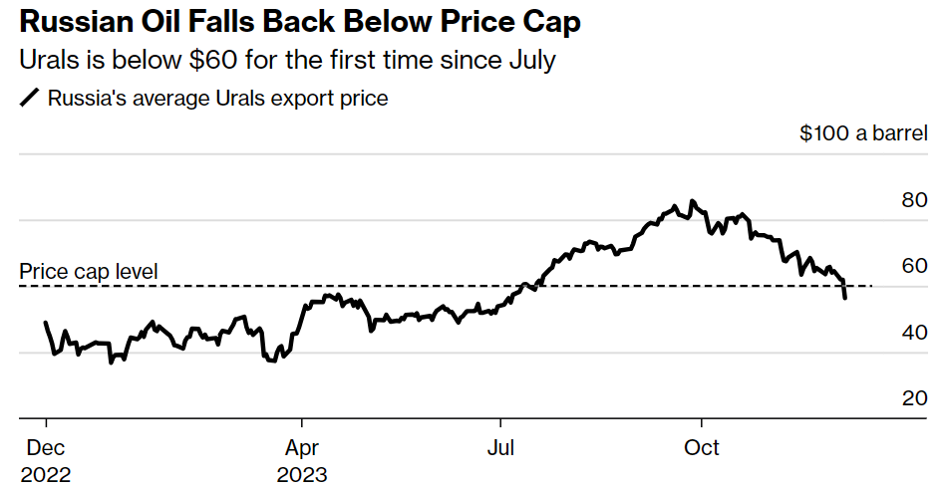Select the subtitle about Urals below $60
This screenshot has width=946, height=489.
(x=287, y=61)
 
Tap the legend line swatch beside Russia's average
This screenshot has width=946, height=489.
(x=30, y=98)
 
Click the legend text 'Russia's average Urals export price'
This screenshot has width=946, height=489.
(x=217, y=98)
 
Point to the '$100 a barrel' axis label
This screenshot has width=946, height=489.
(x=863, y=133)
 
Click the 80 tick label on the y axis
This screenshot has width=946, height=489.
(x=914, y=200)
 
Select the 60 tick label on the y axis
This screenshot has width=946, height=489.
(x=914, y=266)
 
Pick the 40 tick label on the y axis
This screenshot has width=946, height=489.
(x=914, y=333)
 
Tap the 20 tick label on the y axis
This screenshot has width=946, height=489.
(x=914, y=398)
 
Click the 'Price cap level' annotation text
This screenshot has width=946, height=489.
(x=89, y=271)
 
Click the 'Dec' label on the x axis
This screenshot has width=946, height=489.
(x=45, y=448)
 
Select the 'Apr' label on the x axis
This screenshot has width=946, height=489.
(x=302, y=448)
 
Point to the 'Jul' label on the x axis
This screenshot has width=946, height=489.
(x=500, y=448)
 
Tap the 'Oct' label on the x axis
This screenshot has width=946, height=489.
(x=702, y=448)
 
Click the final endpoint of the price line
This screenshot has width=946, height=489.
(x=845, y=298)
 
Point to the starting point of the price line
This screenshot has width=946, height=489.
(x=46, y=323)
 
